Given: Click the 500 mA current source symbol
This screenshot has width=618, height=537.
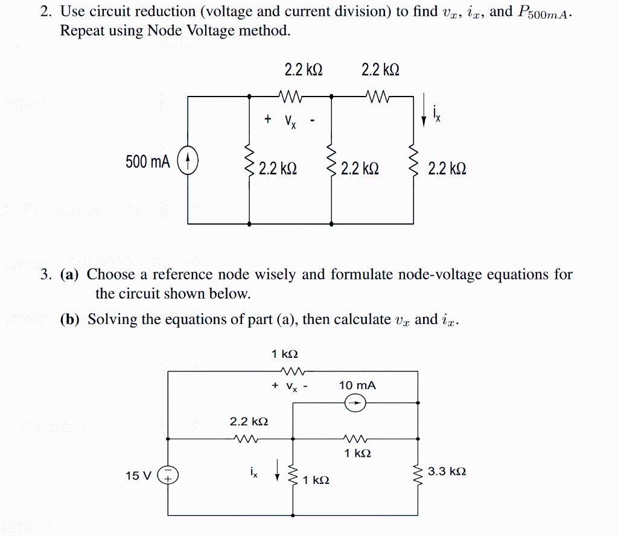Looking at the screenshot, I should coord(189,161).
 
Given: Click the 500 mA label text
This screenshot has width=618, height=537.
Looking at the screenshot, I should coord(148,162).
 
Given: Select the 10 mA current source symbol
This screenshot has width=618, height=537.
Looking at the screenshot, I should coord(355,404).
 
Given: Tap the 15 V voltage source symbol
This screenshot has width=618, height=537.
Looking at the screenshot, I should coord(167,475).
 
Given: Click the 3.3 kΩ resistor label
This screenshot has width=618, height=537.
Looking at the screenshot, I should coord(447,471).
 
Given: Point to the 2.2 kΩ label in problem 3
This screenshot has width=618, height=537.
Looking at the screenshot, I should coord(249,421).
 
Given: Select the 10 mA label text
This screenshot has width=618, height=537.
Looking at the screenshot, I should coord(357,385).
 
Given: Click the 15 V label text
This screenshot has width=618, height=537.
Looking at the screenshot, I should coord(138,476).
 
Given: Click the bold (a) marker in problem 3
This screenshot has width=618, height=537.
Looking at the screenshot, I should coord(69,275).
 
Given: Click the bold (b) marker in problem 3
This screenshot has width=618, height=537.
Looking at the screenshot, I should coord(70,320).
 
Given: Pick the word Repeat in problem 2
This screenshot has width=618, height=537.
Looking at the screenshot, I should coord(82,30).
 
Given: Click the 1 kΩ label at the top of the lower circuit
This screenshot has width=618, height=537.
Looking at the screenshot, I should coord(284,354).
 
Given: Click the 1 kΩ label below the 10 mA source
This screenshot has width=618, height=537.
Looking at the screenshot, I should coord(358,453).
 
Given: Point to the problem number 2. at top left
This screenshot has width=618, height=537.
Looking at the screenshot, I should coord(45,11).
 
